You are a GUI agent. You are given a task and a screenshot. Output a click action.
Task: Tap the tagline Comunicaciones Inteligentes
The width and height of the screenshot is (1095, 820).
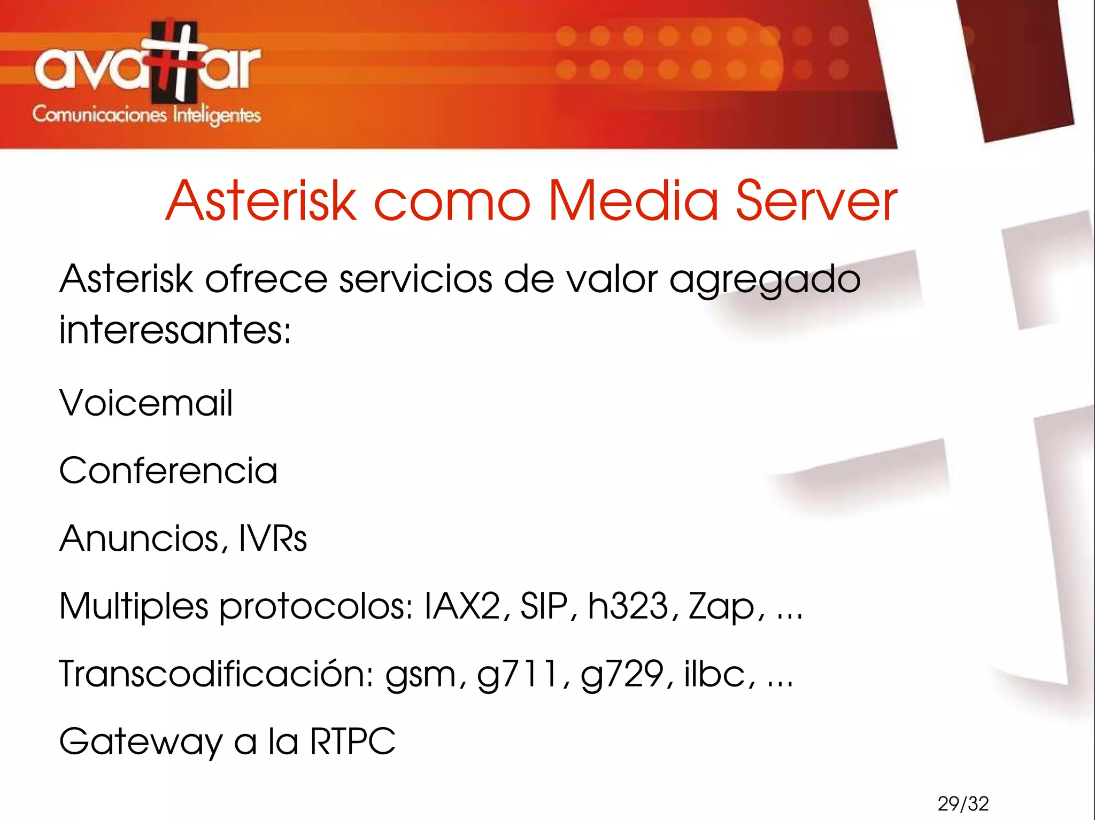pyautogui.click(x=146, y=115)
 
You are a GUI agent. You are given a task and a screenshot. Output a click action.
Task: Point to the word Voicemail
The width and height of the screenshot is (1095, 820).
pyautogui.click(x=146, y=403)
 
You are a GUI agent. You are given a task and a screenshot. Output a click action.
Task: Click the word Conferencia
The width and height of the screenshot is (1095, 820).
pyautogui.click(x=168, y=471)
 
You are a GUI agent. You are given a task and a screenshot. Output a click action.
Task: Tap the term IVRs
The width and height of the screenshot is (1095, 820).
pyautogui.click(x=273, y=538)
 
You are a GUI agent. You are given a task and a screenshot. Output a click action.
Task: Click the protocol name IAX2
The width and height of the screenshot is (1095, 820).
pyautogui.click(x=463, y=606)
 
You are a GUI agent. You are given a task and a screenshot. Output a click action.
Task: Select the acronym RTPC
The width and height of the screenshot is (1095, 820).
pyautogui.click(x=353, y=741)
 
